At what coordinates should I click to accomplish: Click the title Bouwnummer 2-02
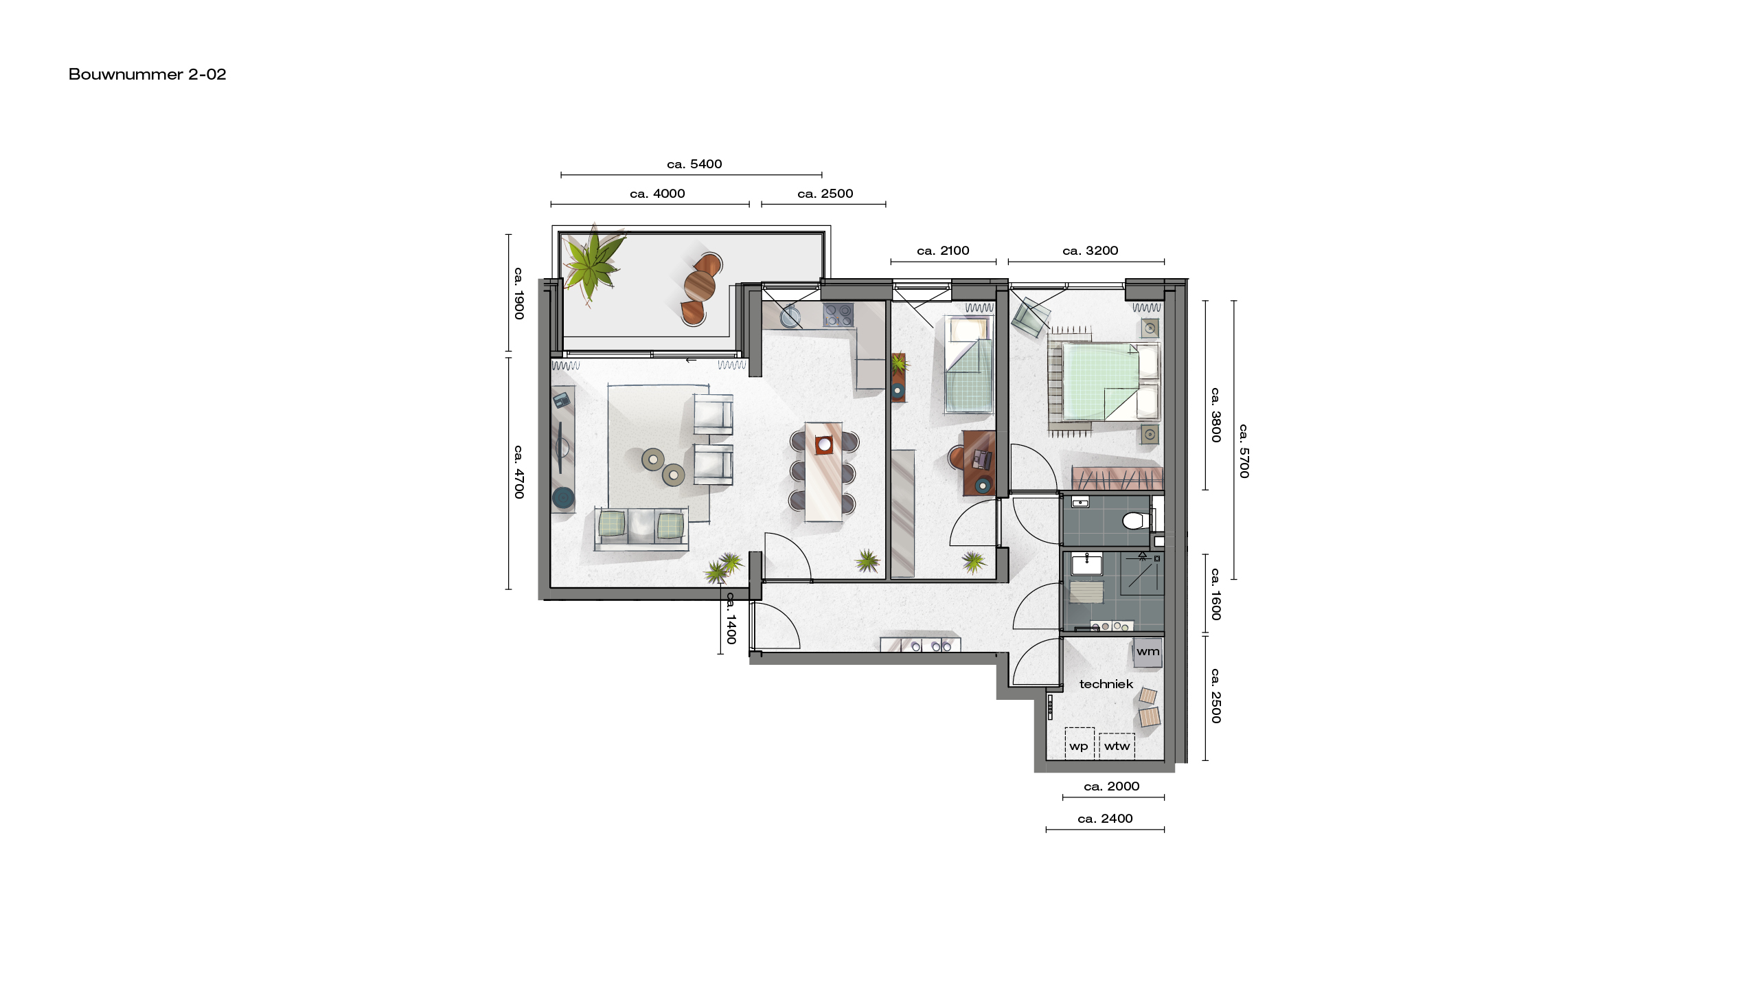147,74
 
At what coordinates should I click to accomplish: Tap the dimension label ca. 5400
694,164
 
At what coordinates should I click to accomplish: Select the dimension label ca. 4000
657,194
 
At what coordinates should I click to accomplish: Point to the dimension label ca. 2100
943,251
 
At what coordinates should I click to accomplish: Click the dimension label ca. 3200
1090,251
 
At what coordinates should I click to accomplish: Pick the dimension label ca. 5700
1244,451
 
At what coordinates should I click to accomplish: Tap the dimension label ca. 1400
731,618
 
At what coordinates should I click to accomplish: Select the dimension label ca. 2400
1105,819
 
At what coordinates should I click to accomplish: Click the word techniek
1106,684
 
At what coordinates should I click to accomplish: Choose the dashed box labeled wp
1080,744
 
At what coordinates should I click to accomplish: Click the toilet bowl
1136,521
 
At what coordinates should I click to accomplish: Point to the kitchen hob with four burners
838,315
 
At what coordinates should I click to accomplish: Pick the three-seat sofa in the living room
641,529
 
